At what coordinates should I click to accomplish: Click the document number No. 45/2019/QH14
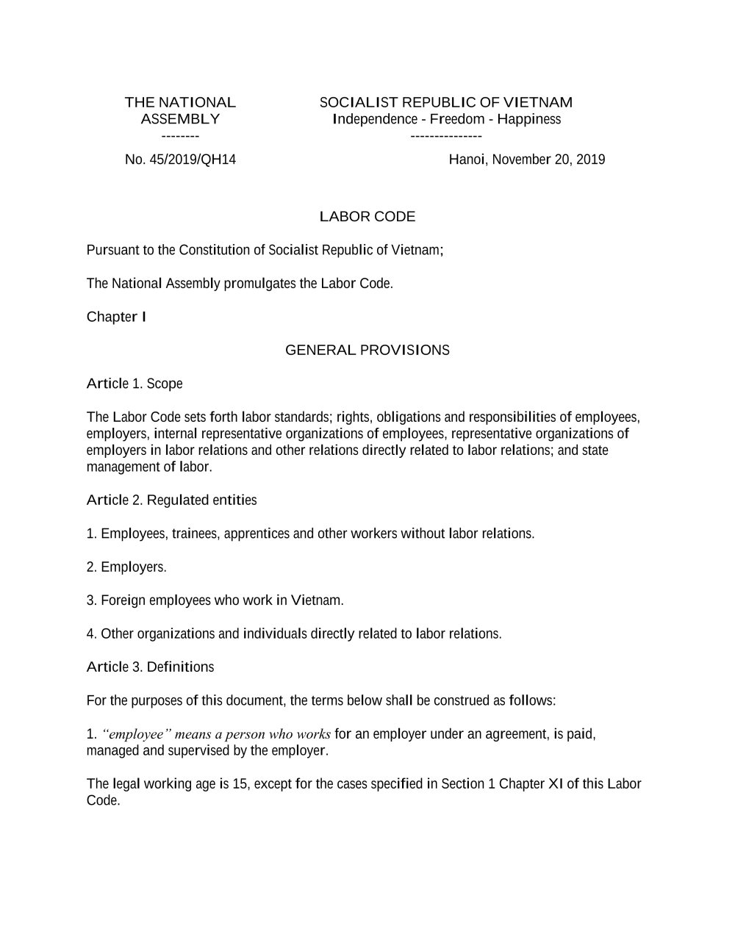[180, 159]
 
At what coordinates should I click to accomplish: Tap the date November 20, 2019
[548, 159]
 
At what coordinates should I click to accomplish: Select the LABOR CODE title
[367, 216]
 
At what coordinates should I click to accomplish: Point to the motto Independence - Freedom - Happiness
[446, 119]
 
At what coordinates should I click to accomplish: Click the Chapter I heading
[116, 317]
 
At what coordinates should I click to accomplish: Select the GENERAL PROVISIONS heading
[367, 350]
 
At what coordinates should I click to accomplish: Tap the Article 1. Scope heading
[135, 384]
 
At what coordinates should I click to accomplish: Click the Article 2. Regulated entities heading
[171, 500]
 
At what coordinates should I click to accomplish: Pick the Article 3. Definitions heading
[150, 667]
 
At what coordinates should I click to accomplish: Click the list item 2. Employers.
[126, 567]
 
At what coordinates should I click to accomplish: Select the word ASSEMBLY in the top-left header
[180, 119]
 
